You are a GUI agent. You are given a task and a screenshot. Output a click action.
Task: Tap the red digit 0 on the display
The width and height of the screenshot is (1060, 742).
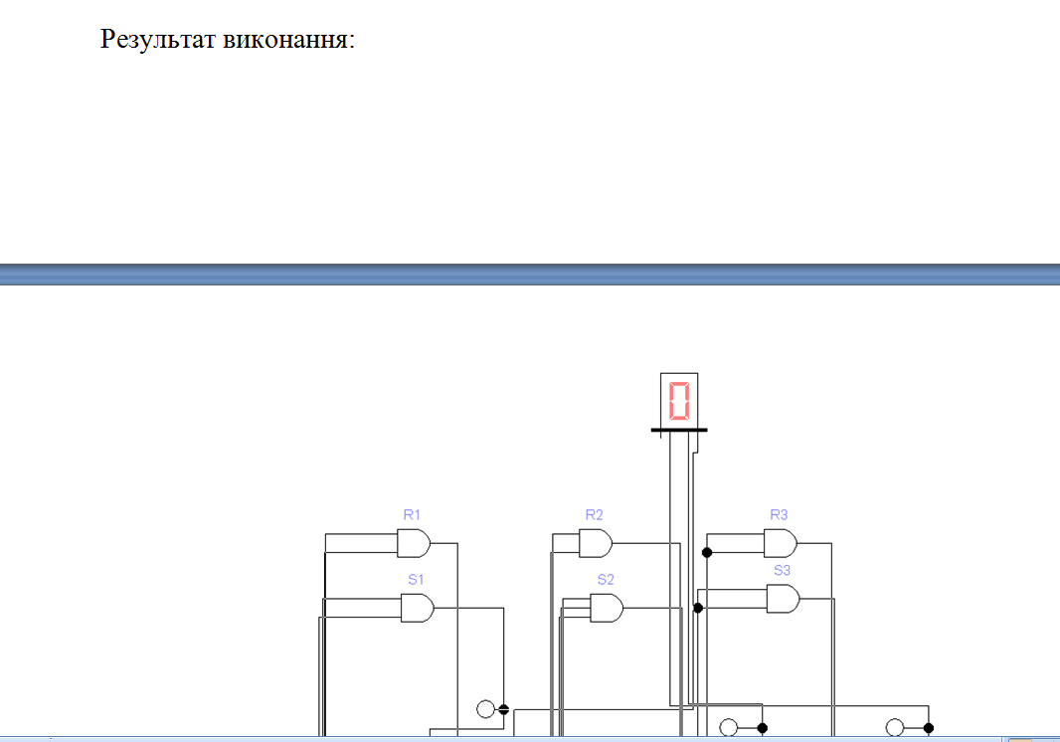679,401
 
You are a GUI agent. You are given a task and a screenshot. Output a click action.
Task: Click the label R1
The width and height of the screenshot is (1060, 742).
412,515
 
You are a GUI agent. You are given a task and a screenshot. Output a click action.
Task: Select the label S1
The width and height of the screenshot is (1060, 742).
416,579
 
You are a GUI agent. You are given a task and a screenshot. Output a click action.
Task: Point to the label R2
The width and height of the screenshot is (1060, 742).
594,515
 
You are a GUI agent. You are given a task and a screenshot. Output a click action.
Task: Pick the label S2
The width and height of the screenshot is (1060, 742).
606,579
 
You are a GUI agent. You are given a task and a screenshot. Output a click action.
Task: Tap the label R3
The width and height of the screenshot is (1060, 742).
779,515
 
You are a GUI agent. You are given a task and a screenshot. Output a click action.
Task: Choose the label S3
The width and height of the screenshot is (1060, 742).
783,571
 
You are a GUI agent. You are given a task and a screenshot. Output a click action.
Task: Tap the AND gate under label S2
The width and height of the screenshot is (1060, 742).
607,608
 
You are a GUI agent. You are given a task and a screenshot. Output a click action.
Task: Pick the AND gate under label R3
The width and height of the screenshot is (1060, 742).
780,543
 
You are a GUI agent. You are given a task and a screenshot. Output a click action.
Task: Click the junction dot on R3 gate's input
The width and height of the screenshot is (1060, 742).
707,552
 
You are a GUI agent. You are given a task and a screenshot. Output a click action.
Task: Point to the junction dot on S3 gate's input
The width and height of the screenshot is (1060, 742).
698,608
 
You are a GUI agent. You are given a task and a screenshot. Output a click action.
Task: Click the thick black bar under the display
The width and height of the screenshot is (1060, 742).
679,431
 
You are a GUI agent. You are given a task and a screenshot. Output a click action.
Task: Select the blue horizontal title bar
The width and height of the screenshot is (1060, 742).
530,275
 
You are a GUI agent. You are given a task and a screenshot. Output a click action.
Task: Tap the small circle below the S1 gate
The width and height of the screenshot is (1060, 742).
485,709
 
